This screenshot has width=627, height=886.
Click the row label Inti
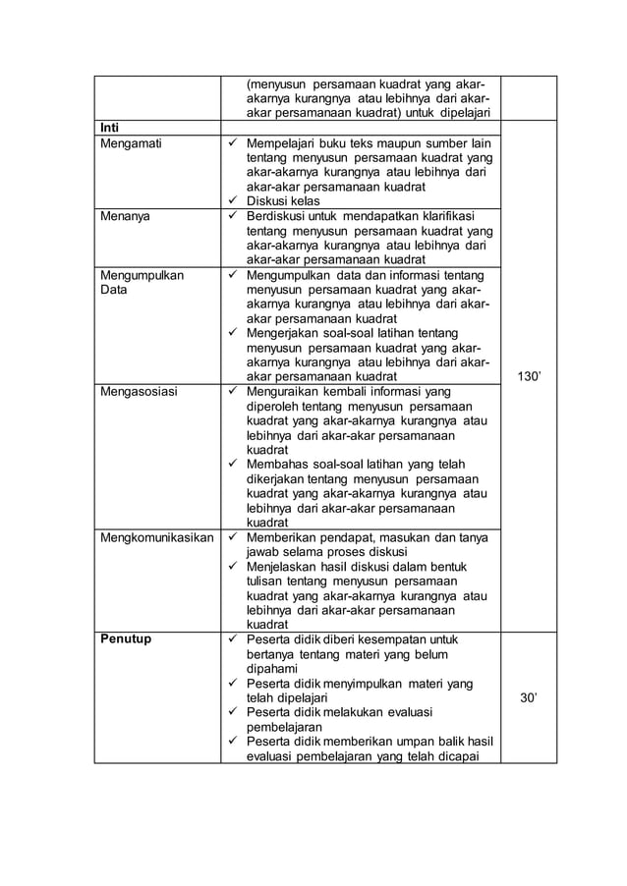[111, 128]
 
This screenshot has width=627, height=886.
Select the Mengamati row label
[133, 144]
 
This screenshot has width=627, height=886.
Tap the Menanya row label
[127, 216]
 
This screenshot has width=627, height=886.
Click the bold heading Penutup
[126, 638]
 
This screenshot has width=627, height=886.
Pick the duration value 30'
[529, 697]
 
